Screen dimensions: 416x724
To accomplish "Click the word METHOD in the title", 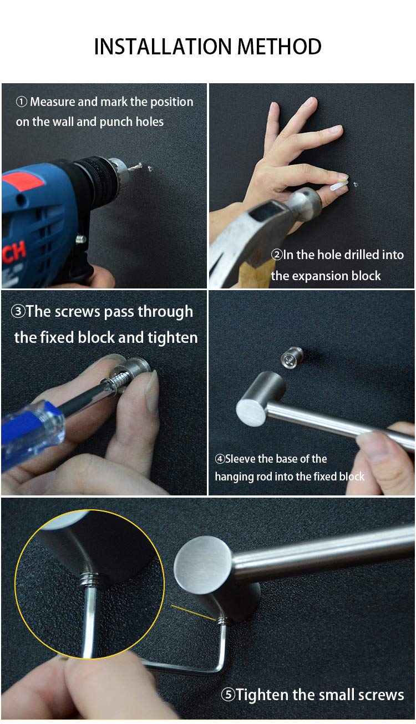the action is click(x=280, y=46).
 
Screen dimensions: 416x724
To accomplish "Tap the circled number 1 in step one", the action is click(x=21, y=102).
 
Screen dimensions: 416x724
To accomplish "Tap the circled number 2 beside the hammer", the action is click(x=277, y=255).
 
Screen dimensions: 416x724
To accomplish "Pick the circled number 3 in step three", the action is click(x=18, y=312).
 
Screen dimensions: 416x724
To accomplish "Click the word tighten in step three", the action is click(x=173, y=338).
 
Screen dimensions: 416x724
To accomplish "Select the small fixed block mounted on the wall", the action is click(x=292, y=357).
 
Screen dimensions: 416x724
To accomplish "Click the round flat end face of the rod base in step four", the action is click(x=251, y=413).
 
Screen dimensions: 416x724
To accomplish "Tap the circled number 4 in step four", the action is click(x=220, y=459).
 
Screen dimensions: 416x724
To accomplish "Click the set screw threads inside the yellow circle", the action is click(x=89, y=580).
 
